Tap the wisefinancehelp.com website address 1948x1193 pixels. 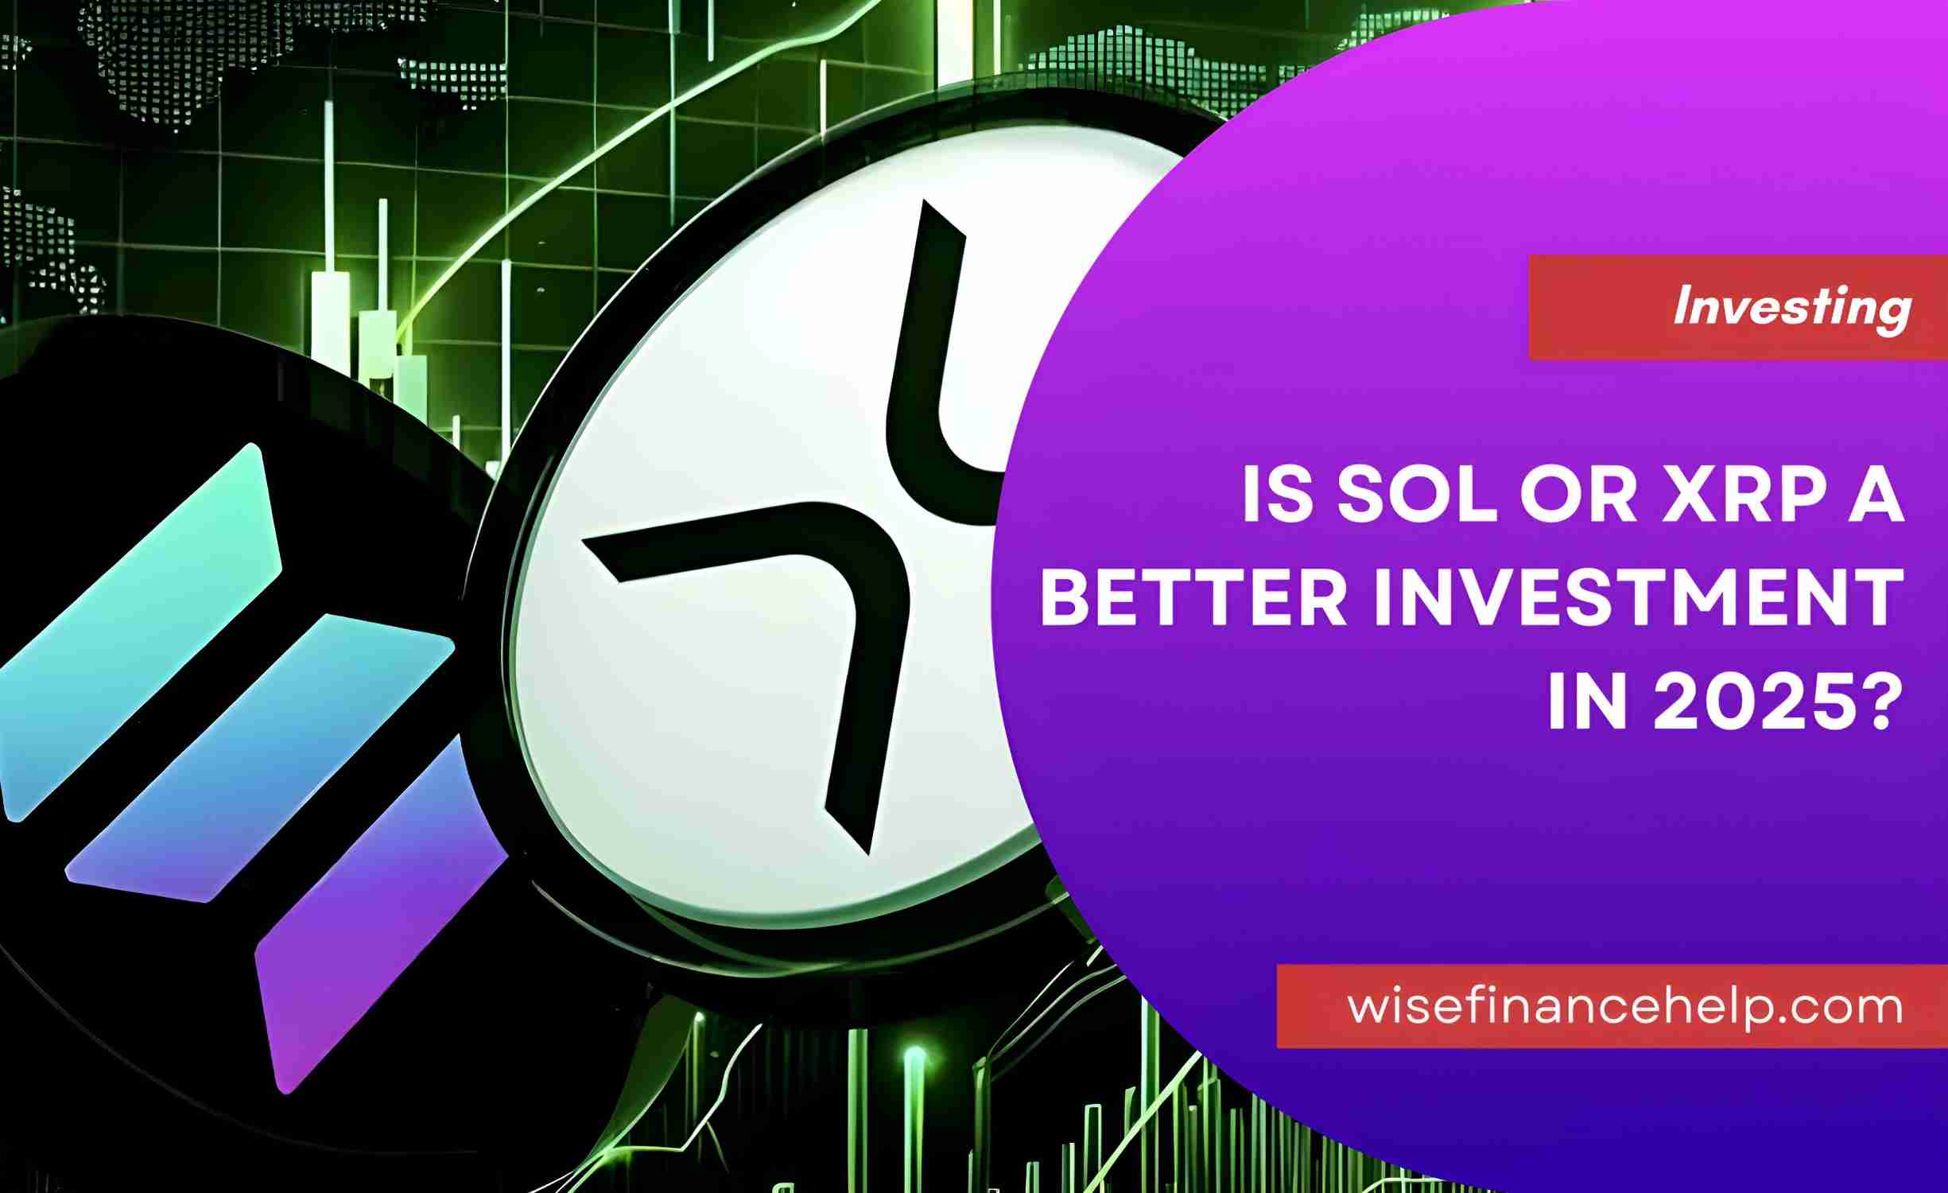coord(1625,1007)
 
